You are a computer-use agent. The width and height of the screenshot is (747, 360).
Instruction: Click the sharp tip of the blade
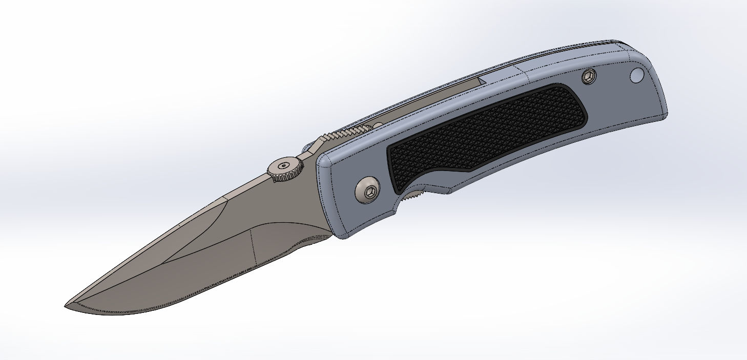click(x=66, y=306)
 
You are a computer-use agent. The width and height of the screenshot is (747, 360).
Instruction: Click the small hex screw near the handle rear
click(x=590, y=77)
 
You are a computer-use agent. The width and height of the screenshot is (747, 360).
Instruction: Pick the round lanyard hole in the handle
click(x=636, y=76)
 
